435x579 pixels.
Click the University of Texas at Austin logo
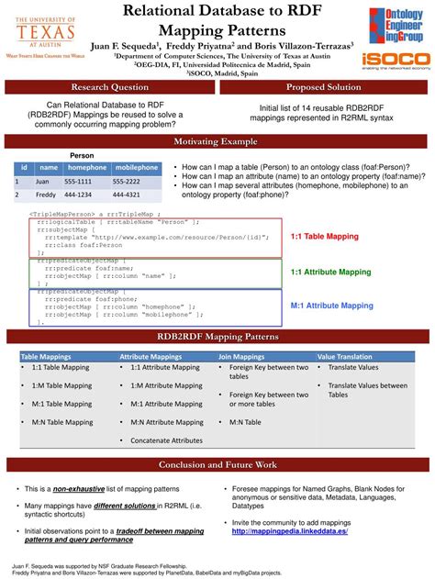coord(45,32)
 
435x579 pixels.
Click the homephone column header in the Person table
coord(87,168)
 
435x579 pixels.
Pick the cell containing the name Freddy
coord(49,195)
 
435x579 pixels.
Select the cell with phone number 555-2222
coord(132,182)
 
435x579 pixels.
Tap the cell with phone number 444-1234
coord(87,195)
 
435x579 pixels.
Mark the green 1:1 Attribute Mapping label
coord(330,272)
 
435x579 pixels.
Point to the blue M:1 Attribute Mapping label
coord(331,305)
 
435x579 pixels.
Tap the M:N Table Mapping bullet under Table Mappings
coord(61,421)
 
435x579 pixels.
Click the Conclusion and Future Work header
coord(217,465)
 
